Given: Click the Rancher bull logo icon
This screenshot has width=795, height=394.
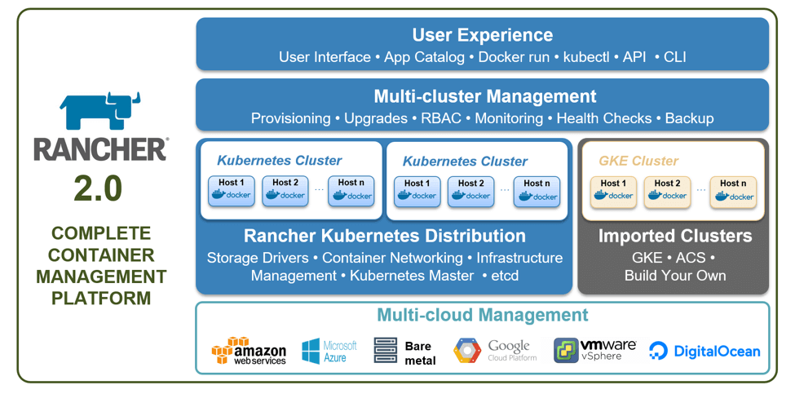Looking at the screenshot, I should click(x=99, y=112).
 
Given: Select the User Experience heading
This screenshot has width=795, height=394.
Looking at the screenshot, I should click(x=482, y=35).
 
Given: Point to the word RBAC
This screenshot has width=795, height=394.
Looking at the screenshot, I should click(x=440, y=118).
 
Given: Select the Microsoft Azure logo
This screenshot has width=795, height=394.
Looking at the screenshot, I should click(x=329, y=351).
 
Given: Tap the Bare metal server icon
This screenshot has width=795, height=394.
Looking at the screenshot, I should click(x=385, y=351).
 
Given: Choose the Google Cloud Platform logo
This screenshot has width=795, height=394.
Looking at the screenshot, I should click(x=495, y=351).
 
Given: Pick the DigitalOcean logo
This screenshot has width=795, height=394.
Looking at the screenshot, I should click(x=704, y=352).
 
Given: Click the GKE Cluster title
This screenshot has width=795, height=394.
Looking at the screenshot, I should click(x=638, y=161).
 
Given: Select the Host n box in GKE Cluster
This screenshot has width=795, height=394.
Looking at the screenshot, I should click(x=732, y=191).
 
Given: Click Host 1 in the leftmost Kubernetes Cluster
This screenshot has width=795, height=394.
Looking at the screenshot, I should click(x=231, y=191).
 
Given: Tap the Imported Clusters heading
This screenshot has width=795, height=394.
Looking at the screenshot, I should click(x=674, y=237).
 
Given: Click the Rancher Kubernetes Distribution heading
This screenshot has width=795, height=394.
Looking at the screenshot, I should click(x=384, y=237).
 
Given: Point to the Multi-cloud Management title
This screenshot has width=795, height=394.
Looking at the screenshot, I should click(x=482, y=315).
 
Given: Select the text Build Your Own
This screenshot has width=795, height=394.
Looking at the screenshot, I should click(x=674, y=276).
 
